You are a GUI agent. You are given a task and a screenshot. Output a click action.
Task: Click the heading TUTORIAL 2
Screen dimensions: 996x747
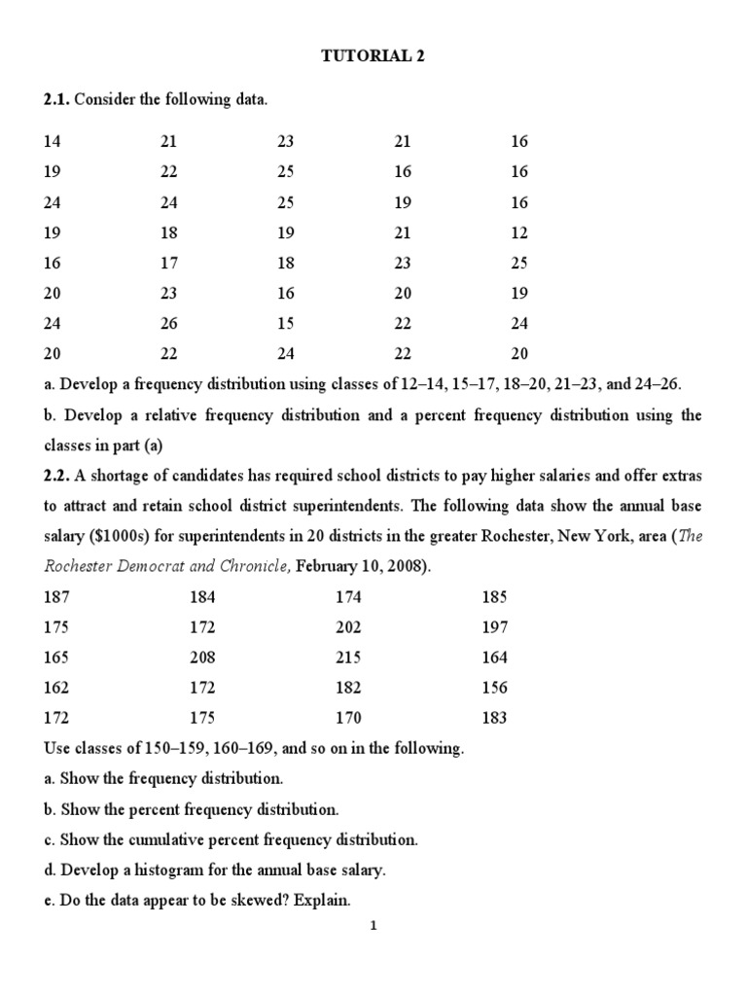tap(373, 56)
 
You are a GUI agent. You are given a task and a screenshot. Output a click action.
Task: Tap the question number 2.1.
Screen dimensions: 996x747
tap(56, 99)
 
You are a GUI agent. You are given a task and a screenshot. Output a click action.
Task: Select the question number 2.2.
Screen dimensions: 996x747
tap(56, 477)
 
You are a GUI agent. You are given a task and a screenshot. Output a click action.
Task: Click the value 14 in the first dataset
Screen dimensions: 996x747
tap(52, 141)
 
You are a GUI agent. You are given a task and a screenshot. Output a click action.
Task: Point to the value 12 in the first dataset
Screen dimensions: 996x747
tap(519, 233)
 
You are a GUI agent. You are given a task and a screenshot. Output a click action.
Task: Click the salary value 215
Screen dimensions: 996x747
tap(348, 658)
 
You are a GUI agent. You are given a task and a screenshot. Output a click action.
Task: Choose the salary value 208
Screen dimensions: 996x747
tap(202, 658)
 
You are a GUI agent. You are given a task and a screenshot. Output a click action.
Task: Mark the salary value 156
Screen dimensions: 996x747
tap(494, 688)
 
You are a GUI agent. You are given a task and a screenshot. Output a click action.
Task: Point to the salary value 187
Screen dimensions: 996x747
tap(56, 596)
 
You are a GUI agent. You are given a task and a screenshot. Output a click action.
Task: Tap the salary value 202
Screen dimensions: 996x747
tap(348, 627)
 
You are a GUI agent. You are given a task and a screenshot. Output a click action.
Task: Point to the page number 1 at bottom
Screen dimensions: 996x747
tap(373, 926)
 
